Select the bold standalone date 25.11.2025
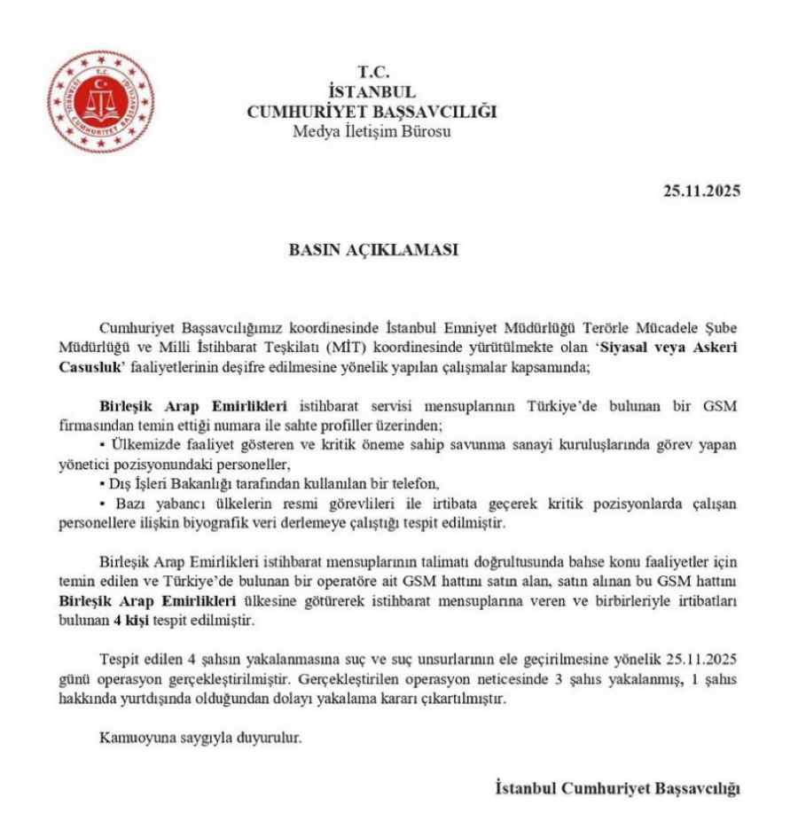[701, 191]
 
